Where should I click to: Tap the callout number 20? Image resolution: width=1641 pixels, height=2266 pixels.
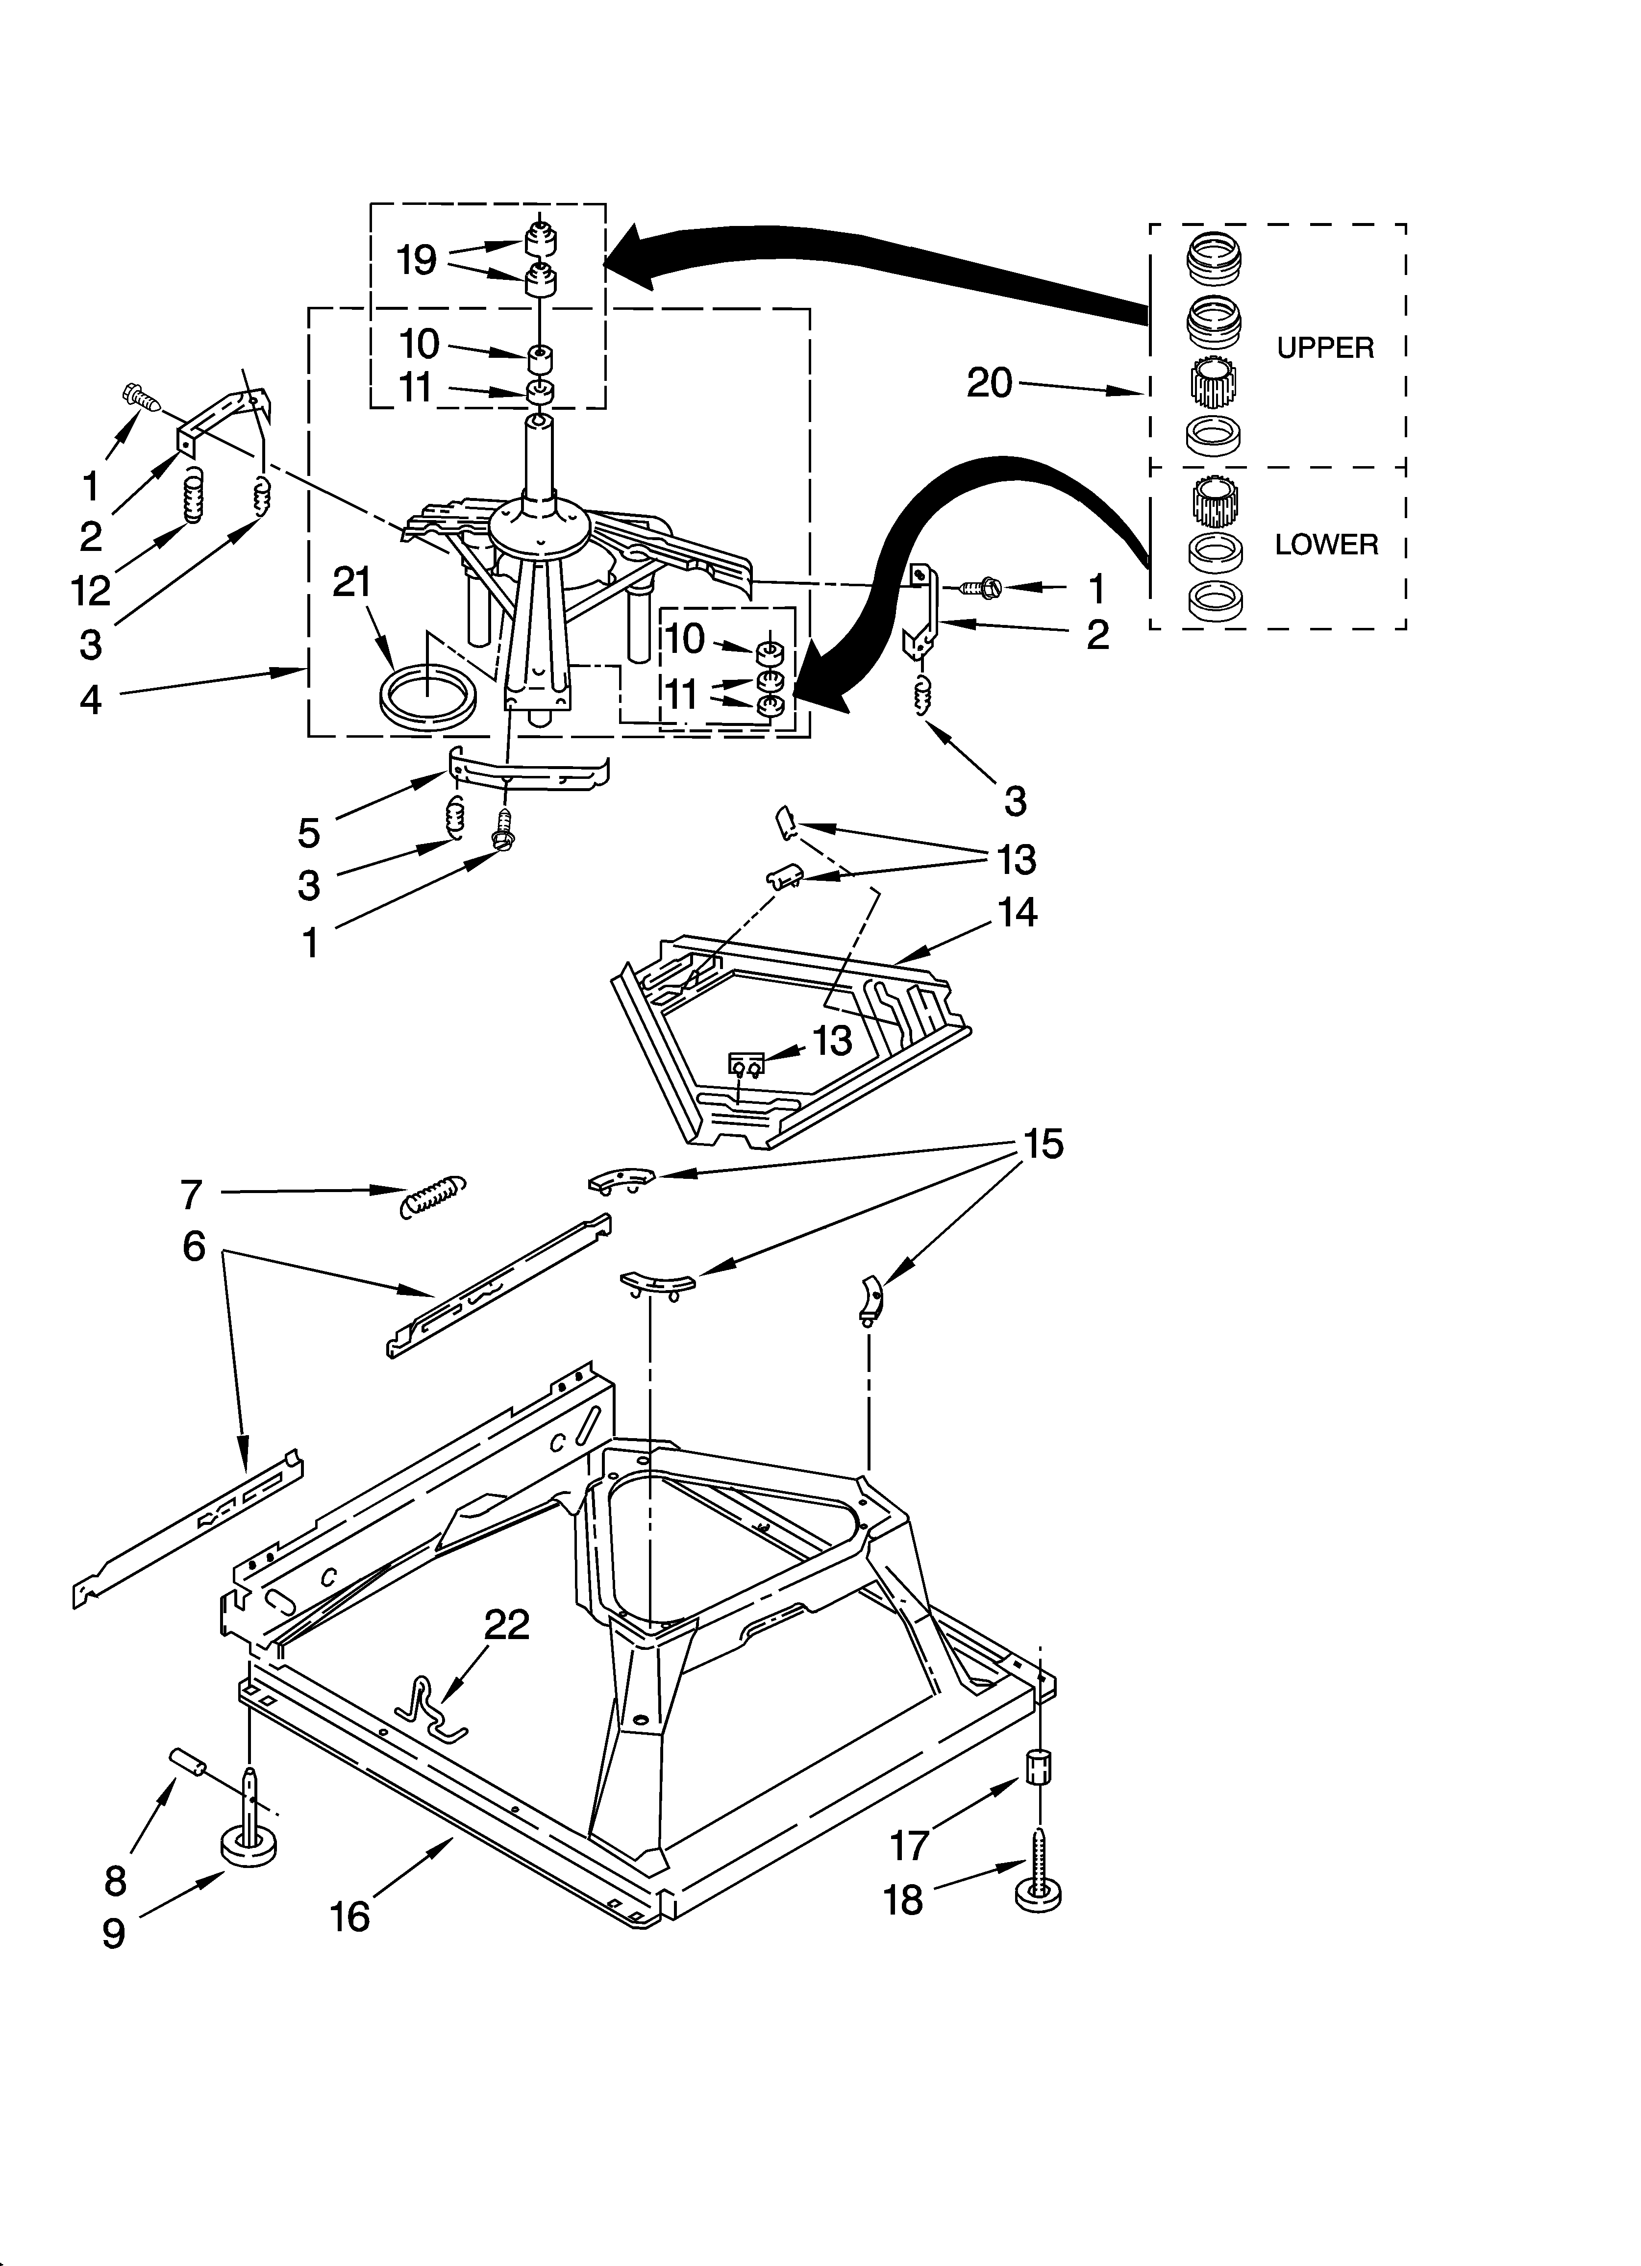click(990, 383)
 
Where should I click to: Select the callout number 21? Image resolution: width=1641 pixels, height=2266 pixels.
click(352, 582)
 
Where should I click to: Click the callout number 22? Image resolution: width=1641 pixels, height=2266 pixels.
click(507, 1625)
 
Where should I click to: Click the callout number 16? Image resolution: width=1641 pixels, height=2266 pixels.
click(350, 1917)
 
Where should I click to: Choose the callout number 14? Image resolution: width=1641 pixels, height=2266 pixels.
click(1017, 912)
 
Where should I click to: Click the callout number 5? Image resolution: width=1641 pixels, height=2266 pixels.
click(309, 832)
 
